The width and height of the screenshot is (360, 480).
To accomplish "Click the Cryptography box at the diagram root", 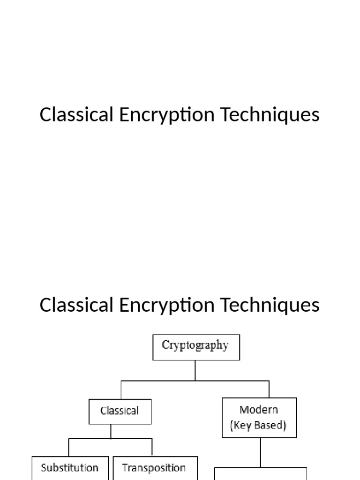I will point(196,347).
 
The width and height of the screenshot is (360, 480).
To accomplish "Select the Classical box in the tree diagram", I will point(120,411).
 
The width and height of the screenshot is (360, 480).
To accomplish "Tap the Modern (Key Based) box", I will point(259,417).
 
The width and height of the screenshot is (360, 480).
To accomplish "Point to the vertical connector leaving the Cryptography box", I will point(195,370).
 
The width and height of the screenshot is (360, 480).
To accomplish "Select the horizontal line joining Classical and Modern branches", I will point(195,381).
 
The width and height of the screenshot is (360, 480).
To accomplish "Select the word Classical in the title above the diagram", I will point(77,305).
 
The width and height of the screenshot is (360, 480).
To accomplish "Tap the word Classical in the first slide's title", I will point(77,114).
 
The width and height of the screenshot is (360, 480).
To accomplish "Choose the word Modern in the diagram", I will point(259,409).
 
